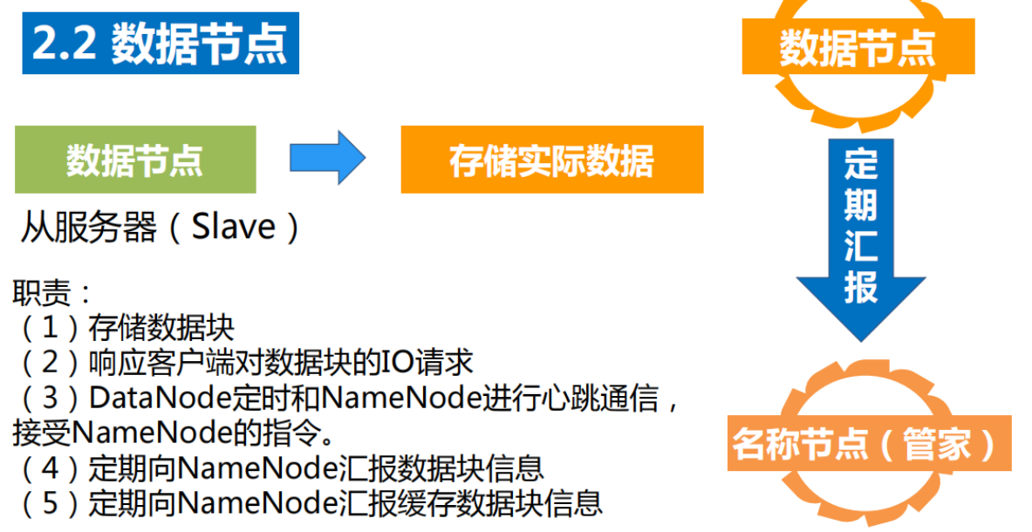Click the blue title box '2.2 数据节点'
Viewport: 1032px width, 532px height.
coord(160,44)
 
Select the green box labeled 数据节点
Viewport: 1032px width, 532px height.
coord(135,160)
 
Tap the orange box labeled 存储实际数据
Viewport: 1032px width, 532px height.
coord(551,160)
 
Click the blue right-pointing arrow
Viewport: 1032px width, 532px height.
coord(327,158)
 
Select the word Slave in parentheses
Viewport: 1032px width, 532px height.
coord(233,227)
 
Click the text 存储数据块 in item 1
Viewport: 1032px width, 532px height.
coord(161,327)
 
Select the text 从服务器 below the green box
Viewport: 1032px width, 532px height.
coord(88,227)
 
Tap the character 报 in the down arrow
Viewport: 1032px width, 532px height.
coord(860,286)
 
